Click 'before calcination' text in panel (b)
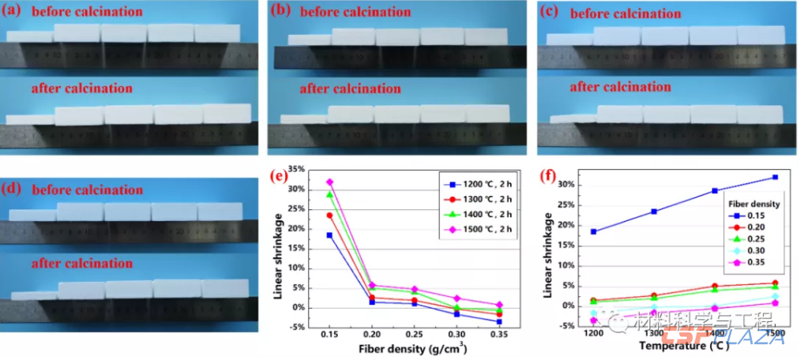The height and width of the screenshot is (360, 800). (x=355, y=12)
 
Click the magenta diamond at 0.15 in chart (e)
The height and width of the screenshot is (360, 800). (x=329, y=182)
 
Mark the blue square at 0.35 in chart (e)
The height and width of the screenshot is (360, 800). (x=498, y=321)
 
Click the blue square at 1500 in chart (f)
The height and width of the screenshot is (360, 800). (x=776, y=177)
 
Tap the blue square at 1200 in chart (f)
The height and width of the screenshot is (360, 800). (x=593, y=231)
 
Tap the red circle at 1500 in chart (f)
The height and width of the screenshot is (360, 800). (x=776, y=283)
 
